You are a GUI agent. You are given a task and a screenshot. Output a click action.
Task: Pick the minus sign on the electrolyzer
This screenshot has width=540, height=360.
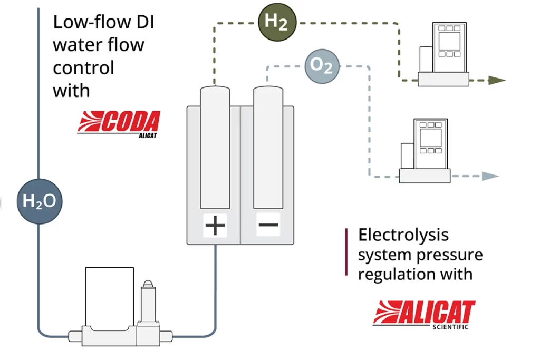(x=268, y=225)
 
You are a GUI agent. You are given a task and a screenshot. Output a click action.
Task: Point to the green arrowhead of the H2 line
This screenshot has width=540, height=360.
(x=497, y=80)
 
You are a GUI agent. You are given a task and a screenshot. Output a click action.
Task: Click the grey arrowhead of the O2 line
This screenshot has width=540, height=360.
(x=490, y=176)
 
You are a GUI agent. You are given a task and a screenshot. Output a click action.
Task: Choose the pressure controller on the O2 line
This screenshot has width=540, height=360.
(x=425, y=151)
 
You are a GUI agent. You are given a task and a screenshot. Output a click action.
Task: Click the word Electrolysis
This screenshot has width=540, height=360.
(x=403, y=235)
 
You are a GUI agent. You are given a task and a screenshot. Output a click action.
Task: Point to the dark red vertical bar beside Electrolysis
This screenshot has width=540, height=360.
(x=346, y=251)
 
